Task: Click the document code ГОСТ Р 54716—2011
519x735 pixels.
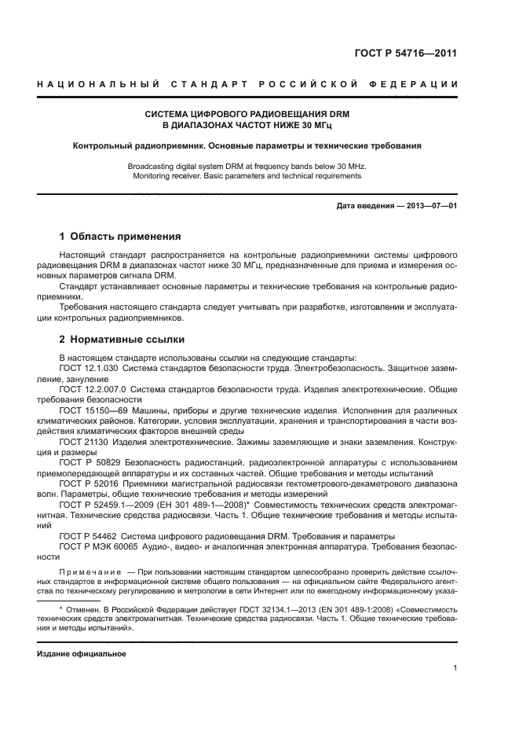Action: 406,53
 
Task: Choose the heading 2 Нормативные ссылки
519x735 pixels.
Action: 122,340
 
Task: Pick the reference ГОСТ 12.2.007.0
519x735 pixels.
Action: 92,389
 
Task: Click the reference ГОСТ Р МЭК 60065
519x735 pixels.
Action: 99,546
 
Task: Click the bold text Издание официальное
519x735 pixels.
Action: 82,653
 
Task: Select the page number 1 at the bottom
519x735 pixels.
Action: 455,668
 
